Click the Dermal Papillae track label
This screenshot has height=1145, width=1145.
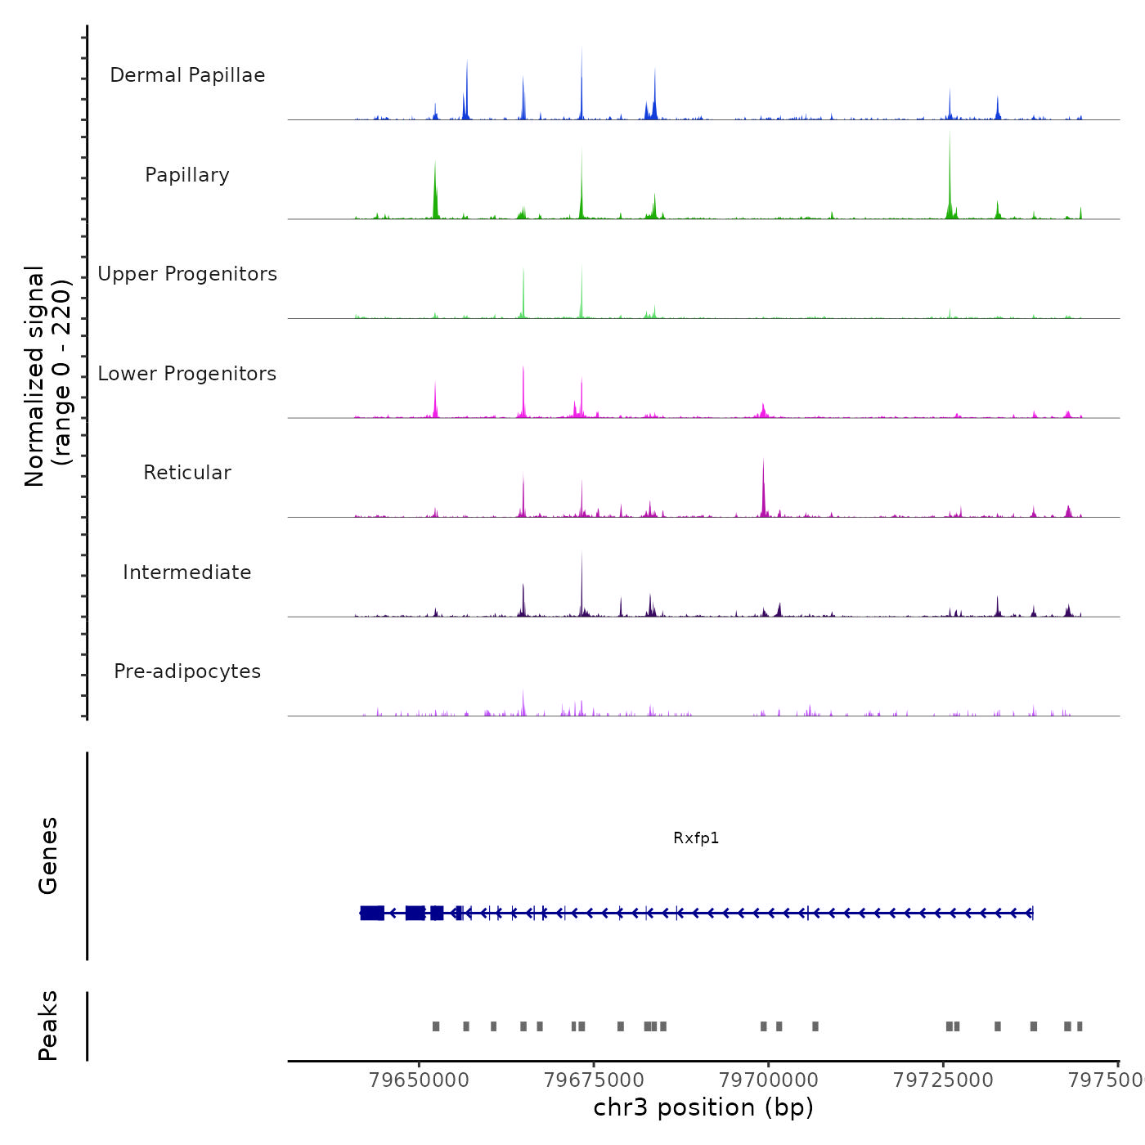(x=187, y=75)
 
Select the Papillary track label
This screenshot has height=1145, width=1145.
(x=187, y=175)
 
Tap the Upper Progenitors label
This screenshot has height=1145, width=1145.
(x=187, y=274)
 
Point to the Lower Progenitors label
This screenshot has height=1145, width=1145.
(x=187, y=374)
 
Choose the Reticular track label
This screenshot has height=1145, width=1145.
(x=187, y=473)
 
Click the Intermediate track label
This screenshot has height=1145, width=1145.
(x=187, y=572)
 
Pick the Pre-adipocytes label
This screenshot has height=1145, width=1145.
(x=187, y=671)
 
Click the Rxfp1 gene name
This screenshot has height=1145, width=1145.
(x=696, y=837)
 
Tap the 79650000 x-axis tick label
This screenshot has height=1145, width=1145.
(x=419, y=1080)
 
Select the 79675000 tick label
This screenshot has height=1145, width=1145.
(x=594, y=1080)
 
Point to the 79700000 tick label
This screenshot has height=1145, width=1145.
(x=769, y=1080)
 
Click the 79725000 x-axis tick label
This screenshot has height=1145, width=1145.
(x=943, y=1080)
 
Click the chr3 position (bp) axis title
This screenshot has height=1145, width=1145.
(x=703, y=1107)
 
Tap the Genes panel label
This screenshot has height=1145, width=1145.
(x=48, y=855)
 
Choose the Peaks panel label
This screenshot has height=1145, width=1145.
(x=48, y=1026)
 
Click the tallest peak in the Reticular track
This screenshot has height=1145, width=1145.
(x=763, y=463)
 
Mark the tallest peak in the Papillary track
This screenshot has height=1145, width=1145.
(x=950, y=135)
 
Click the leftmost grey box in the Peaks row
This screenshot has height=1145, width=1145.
(x=436, y=1026)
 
